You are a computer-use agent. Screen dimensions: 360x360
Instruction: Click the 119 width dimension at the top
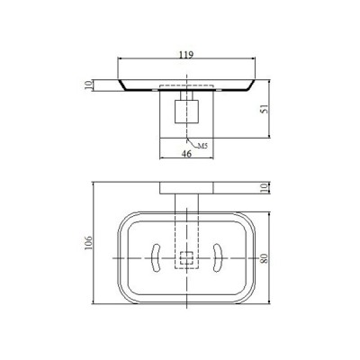coord(186,54)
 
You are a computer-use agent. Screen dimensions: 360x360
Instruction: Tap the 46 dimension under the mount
coord(186,155)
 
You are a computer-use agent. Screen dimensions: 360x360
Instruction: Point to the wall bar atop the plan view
coord(186,188)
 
